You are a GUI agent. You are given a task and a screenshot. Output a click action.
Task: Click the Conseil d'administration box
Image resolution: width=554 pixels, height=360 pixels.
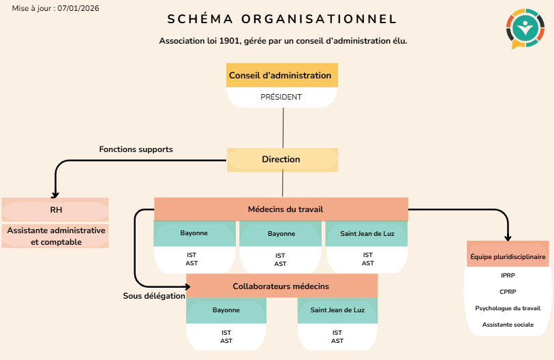coord(282,75)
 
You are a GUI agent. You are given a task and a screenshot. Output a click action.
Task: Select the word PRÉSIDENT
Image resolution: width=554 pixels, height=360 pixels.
coord(281,97)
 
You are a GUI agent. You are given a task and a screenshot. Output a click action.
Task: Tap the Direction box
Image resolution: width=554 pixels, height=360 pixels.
coord(282,160)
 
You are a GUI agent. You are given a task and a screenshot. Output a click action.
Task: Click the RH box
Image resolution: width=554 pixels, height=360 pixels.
coord(55,210)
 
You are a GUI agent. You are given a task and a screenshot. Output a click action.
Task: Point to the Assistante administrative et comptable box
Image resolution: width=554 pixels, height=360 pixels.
coord(55,236)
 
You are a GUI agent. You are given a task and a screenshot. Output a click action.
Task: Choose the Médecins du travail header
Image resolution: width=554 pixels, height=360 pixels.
coord(281,209)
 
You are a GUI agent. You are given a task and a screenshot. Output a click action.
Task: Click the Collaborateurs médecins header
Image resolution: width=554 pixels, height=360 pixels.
coord(282,286)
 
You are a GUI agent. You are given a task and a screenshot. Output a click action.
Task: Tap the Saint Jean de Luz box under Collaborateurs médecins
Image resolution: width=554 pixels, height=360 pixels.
coord(337,310)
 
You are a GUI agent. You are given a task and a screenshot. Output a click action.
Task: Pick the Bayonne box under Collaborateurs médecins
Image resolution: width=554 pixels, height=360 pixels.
coord(226,310)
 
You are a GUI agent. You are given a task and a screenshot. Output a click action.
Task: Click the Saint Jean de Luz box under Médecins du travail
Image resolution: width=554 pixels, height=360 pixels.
coord(367,234)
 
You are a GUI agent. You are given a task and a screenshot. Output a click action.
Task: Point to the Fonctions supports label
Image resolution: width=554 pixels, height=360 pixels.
coord(136,149)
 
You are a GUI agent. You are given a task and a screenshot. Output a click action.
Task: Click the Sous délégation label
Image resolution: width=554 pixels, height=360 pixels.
coord(154,296)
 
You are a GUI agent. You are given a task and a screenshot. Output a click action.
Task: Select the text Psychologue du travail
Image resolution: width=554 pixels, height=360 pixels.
coord(508,308)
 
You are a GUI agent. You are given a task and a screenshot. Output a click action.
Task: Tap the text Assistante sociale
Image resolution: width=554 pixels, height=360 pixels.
coord(508,325)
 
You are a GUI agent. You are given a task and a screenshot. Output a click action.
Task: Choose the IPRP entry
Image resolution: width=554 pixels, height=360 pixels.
coord(508,275)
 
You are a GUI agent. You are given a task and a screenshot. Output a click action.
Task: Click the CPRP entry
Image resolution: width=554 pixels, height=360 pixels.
coord(508,292)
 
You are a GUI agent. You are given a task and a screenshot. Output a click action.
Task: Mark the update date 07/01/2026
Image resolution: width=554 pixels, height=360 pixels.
coord(78,8)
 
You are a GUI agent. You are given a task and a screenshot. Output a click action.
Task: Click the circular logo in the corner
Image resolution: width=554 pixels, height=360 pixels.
coord(525,29)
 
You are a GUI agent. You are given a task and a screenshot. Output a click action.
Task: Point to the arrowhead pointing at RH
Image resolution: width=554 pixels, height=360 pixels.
coord(55,195)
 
